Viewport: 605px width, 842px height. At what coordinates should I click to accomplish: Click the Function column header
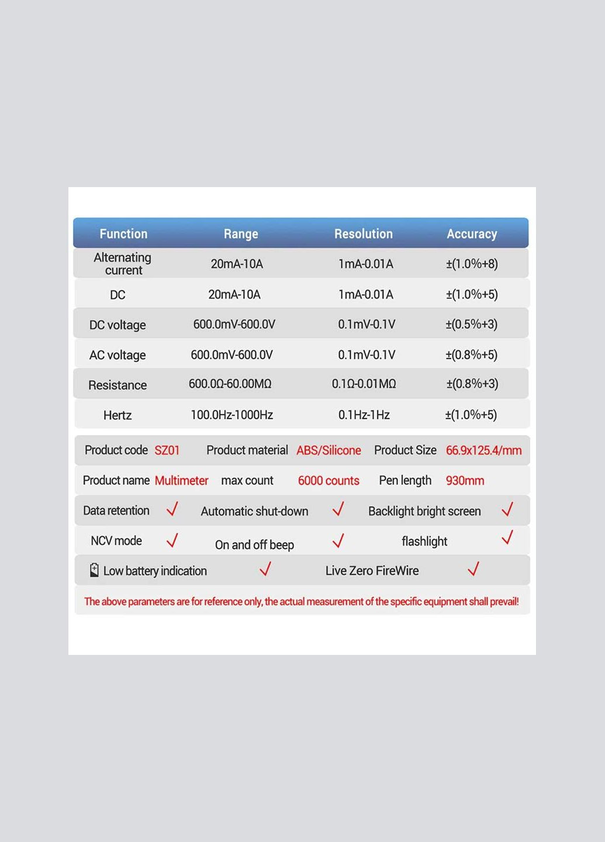[x=123, y=234]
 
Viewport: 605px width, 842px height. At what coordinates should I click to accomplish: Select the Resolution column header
[x=363, y=234]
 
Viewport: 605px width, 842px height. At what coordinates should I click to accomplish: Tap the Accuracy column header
[x=472, y=234]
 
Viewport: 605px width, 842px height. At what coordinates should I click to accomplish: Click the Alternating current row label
[x=123, y=264]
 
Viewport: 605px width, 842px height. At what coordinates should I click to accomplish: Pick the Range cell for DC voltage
[x=234, y=325]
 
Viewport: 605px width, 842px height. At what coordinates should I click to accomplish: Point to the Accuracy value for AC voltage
[x=471, y=355]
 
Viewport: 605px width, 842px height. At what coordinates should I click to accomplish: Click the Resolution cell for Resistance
[x=364, y=384]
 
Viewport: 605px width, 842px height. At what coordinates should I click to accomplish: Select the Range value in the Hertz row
[x=231, y=415]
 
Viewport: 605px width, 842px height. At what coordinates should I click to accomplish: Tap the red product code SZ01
[x=167, y=450]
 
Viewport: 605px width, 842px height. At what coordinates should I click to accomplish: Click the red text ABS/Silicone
[x=329, y=450]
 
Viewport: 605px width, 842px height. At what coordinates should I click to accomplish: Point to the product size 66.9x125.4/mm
[x=483, y=450]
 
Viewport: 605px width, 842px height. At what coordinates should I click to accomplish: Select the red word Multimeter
[x=181, y=481]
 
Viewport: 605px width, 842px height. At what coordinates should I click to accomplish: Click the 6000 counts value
[x=329, y=481]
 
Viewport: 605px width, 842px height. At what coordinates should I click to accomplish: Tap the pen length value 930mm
[x=465, y=481]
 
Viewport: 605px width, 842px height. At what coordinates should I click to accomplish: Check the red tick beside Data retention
[x=172, y=509]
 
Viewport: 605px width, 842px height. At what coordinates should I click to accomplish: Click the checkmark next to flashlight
[x=507, y=538]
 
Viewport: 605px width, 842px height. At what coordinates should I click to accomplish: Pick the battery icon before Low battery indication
[x=94, y=570]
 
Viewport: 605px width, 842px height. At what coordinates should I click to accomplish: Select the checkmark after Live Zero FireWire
[x=473, y=568]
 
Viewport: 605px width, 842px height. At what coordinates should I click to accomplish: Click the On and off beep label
[x=254, y=545]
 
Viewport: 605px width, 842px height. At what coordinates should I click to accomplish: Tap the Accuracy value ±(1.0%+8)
[x=472, y=264]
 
